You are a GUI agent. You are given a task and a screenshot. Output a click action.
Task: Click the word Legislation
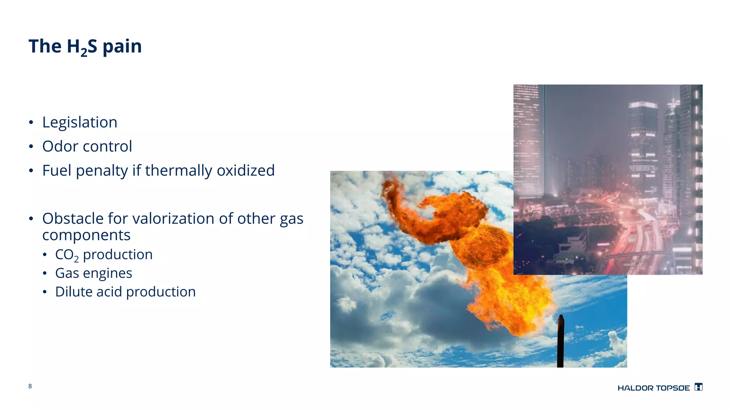tap(80, 122)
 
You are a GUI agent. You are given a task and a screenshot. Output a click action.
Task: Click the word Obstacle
tap(72, 218)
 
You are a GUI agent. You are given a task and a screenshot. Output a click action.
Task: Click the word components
tap(86, 235)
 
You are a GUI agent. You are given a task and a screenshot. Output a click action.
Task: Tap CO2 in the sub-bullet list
tap(66, 255)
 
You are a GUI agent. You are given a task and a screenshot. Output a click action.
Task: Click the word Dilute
tap(74, 292)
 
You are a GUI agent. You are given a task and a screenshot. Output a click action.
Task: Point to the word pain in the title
tap(122, 46)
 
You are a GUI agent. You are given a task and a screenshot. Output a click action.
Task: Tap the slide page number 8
tap(30, 386)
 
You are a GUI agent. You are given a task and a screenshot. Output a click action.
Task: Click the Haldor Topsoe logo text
tap(654, 388)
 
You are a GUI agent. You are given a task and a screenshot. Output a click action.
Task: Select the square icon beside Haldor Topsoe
tap(699, 387)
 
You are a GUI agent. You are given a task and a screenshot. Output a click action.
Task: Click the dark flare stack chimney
tap(560, 342)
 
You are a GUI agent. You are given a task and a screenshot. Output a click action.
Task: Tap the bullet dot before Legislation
tap(31, 123)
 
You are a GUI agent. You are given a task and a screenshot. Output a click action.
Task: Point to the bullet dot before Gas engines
tap(45, 274)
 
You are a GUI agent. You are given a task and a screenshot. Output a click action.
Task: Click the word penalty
tap(102, 171)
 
